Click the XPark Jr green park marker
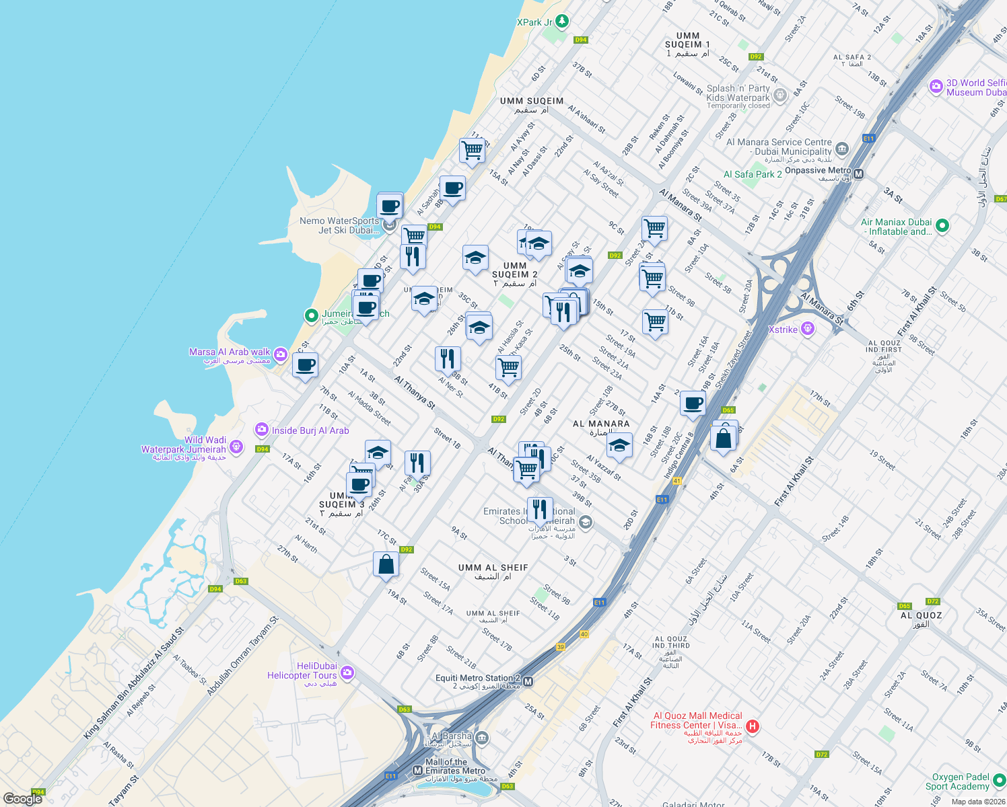[x=561, y=22]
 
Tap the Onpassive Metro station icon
[x=858, y=174]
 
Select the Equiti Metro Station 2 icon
[x=528, y=682]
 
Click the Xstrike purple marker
[x=808, y=329]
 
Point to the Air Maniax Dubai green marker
[x=942, y=226]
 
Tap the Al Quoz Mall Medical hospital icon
[x=753, y=726]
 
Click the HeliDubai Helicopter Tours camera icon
[x=347, y=672]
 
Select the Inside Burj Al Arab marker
[x=261, y=430]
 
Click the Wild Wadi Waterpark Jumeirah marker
[x=236, y=446]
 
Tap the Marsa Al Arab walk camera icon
[x=281, y=354]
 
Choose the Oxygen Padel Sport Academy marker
[x=1000, y=781]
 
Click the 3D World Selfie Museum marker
[x=936, y=86]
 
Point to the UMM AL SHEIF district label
[x=493, y=568]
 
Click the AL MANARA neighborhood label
[x=601, y=424]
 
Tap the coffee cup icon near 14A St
[x=693, y=403]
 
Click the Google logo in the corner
[x=22, y=799]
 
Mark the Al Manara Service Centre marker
[x=841, y=148]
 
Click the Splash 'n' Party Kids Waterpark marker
[x=779, y=95]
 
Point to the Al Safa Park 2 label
[x=753, y=174]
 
